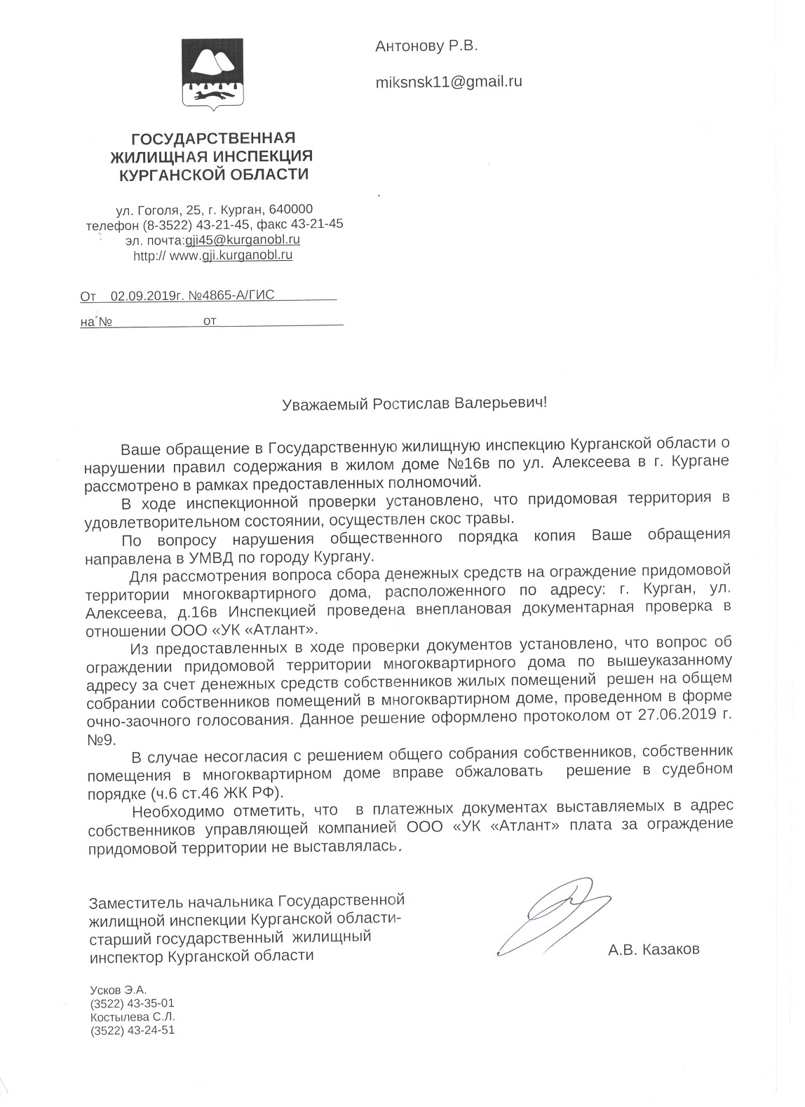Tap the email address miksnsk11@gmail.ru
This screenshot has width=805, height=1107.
pos(449,81)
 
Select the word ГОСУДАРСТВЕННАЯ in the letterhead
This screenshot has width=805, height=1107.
pos(214,137)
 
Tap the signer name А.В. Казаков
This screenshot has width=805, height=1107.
pos(654,950)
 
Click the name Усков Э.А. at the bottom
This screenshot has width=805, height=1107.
pos(118,990)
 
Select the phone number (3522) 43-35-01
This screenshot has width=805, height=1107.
pos(132,1003)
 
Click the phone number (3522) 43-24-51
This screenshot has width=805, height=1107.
pos(132,1030)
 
